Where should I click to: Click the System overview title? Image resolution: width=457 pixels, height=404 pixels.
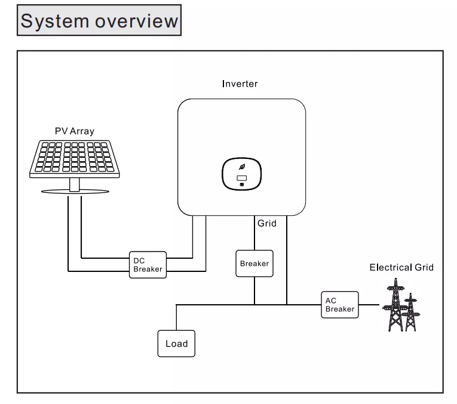click(99, 20)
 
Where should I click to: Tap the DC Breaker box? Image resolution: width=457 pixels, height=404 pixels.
click(148, 265)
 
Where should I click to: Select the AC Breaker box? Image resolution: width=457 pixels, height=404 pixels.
click(340, 305)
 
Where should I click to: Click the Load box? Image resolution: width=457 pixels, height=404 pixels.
click(176, 344)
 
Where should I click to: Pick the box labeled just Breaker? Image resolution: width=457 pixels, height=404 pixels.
click(254, 264)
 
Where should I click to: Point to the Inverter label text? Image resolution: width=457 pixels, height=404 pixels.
click(240, 84)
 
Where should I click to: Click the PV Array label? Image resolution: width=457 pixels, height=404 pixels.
click(75, 131)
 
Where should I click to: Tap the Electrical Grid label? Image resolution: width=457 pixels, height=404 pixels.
click(401, 267)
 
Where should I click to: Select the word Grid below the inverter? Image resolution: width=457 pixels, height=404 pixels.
click(266, 224)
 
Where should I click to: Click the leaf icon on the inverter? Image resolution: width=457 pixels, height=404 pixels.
click(241, 167)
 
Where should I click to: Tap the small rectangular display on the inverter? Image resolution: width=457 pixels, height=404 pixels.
click(241, 178)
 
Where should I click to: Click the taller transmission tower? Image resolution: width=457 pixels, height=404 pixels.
click(395, 305)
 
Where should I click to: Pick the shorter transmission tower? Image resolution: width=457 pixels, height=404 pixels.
click(411, 313)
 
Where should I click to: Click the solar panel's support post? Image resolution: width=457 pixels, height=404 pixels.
click(75, 184)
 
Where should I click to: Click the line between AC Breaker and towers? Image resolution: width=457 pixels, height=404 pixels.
click(369, 305)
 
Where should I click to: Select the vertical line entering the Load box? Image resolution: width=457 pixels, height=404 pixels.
click(176, 317)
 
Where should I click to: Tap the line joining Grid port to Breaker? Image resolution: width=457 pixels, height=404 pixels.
click(254, 232)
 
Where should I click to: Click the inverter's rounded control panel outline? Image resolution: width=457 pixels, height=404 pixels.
click(222, 174)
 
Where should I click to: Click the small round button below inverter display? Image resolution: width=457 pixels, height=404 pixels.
click(241, 185)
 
